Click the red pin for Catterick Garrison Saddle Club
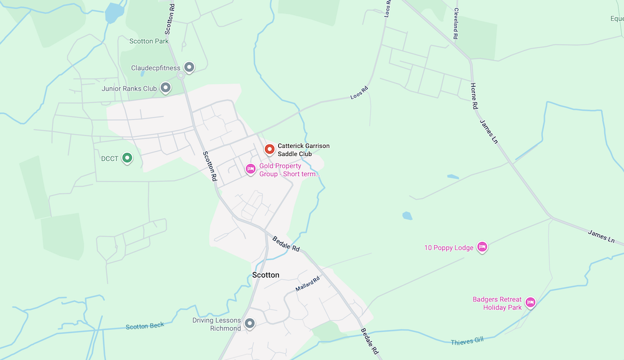click(x=270, y=149)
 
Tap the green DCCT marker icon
click(x=127, y=158)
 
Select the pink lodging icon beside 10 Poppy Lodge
click(x=482, y=248)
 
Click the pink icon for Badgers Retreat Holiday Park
click(x=530, y=303)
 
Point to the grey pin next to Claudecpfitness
click(x=189, y=67)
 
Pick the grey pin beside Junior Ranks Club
click(x=165, y=88)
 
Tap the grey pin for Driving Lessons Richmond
click(x=250, y=323)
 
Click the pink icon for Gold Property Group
click(x=251, y=169)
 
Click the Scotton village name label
click(x=266, y=275)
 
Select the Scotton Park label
click(x=149, y=41)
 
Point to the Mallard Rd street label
click(x=307, y=284)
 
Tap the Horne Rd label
click(x=474, y=95)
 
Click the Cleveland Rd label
click(x=456, y=24)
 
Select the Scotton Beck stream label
click(x=145, y=326)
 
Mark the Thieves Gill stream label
click(x=467, y=341)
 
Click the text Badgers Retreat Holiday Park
click(x=497, y=303)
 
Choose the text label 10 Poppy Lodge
click(x=449, y=248)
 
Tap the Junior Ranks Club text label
click(x=129, y=89)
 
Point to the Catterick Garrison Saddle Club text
click(x=303, y=149)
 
